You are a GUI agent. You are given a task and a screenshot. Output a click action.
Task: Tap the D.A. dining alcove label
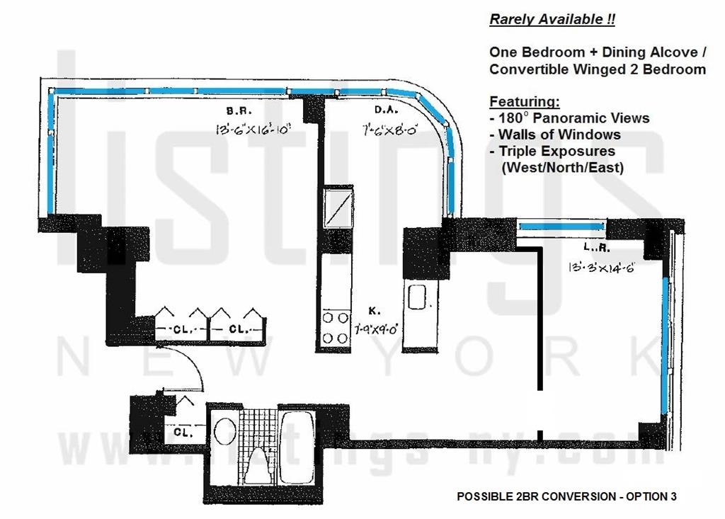(x=384, y=111)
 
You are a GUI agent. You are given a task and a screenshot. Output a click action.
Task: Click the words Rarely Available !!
(x=552, y=20)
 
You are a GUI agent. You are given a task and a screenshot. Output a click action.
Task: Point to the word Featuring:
(x=524, y=101)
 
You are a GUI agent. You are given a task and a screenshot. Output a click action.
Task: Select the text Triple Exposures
(x=556, y=151)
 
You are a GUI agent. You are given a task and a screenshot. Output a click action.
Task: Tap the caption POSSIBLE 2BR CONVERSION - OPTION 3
(x=566, y=497)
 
